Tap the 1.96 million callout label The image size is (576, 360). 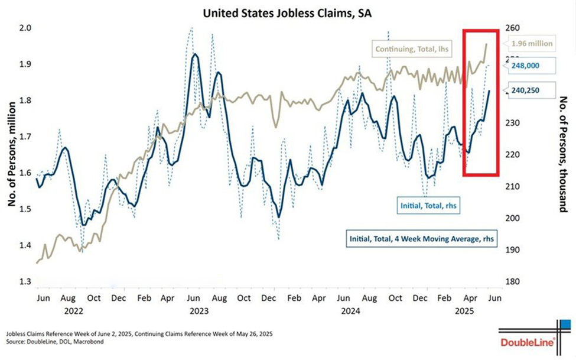coord(532,43)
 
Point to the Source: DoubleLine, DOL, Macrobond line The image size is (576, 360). coord(52,342)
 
